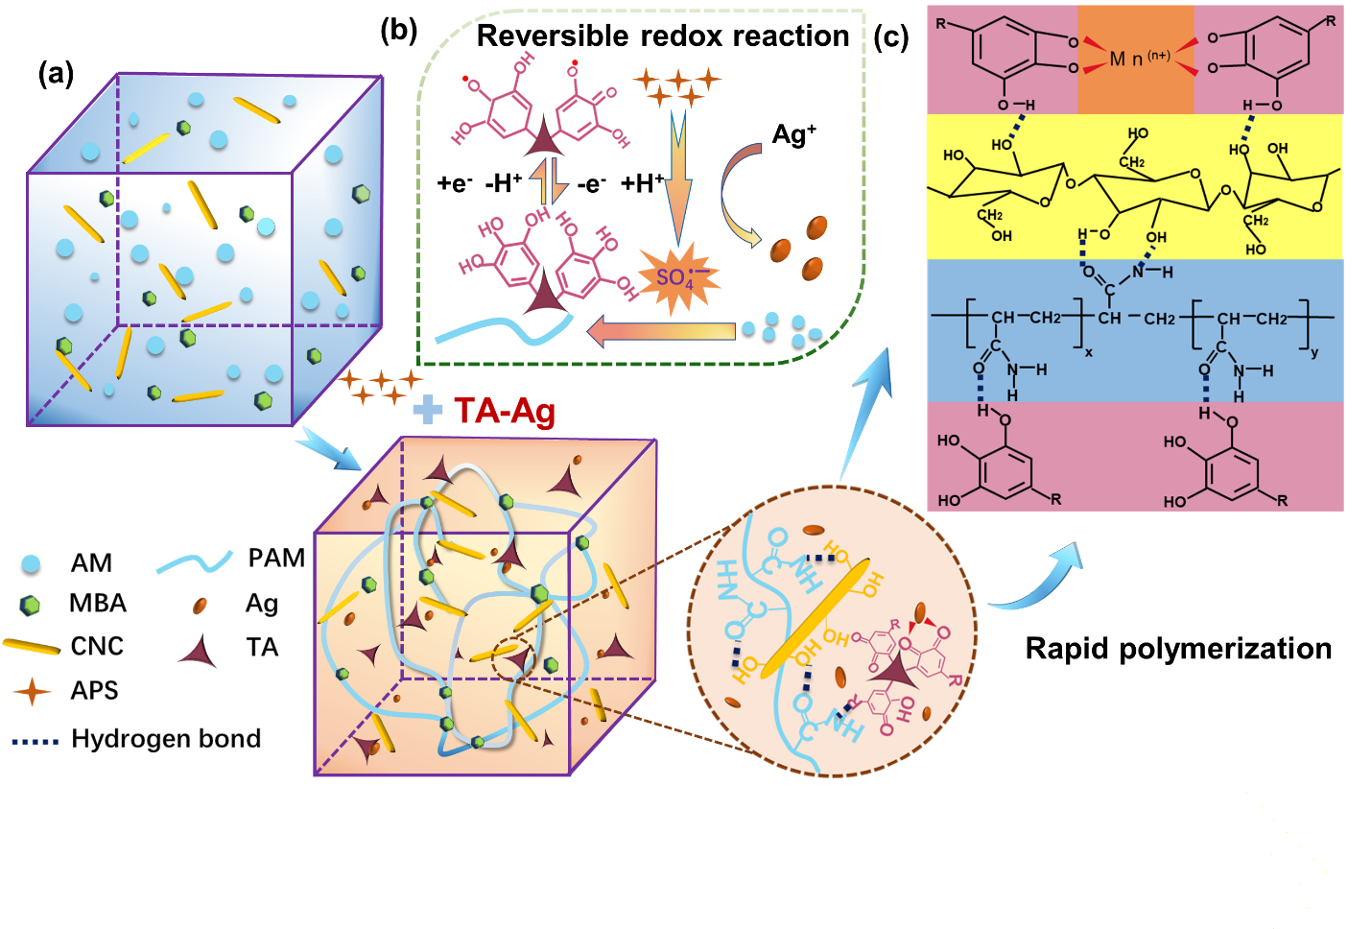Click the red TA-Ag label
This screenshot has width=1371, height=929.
pyautogui.click(x=505, y=411)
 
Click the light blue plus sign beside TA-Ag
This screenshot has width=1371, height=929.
pyautogui.click(x=427, y=410)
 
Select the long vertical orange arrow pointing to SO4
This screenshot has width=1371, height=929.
pyautogui.click(x=678, y=178)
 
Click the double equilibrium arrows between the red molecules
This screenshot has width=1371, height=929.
pyautogui.click(x=550, y=180)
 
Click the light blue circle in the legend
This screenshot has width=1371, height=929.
pyautogui.click(x=31, y=563)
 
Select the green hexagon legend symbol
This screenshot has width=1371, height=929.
pyautogui.click(x=30, y=605)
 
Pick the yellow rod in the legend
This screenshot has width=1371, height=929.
pyautogui.click(x=31, y=647)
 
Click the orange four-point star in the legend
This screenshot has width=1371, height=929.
pyautogui.click(x=32, y=691)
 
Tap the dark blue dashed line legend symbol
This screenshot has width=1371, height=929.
pyautogui.click(x=35, y=742)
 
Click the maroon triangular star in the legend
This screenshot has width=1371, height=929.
pyautogui.click(x=200, y=653)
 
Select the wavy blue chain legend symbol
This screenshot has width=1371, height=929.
pyautogui.click(x=195, y=562)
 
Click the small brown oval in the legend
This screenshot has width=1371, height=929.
pyautogui.click(x=200, y=606)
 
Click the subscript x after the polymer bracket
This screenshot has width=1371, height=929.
pyautogui.click(x=1089, y=352)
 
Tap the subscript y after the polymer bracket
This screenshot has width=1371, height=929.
pyautogui.click(x=1314, y=352)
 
